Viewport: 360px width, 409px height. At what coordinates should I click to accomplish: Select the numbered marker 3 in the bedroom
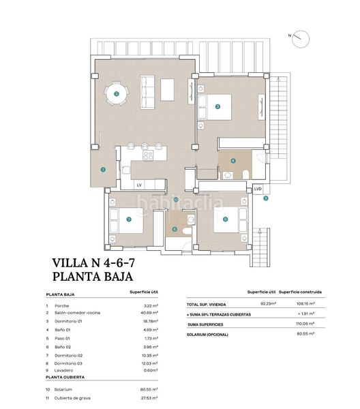click(217, 106)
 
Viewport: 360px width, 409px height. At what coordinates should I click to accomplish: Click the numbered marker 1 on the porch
click(103, 170)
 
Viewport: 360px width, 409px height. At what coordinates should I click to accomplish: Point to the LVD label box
click(258, 189)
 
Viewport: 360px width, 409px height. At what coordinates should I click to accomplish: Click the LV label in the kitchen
click(138, 184)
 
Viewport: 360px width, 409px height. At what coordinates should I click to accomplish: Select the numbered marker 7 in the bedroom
click(129, 219)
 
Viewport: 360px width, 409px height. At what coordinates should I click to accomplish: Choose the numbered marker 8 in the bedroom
click(224, 219)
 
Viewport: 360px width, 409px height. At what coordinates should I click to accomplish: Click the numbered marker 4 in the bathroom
click(233, 161)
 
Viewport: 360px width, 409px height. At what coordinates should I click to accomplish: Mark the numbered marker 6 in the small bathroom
click(175, 229)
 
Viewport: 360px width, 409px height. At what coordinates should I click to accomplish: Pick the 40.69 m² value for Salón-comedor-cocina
click(149, 312)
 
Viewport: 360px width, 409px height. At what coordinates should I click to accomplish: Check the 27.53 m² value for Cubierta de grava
click(149, 397)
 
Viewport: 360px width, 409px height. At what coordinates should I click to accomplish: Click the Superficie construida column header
click(301, 291)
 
